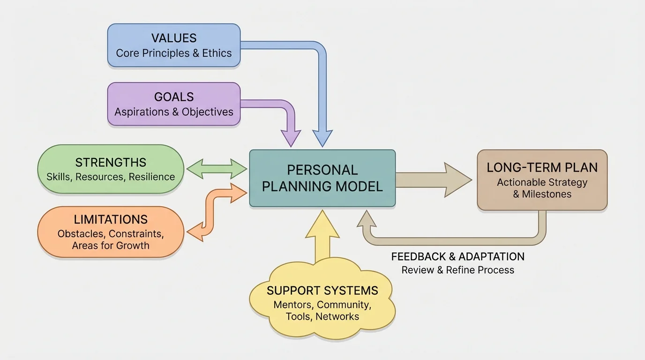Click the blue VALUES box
tap(174, 45)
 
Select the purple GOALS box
tap(174, 104)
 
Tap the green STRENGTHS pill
tap(111, 169)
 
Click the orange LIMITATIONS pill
tap(111, 232)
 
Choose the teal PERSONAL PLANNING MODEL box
tap(322, 178)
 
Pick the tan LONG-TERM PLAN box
tap(542, 180)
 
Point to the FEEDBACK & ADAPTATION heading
tap(457, 257)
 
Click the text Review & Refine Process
tap(457, 270)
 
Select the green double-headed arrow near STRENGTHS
tap(217, 169)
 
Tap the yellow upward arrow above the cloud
tap(322, 234)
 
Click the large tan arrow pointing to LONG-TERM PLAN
tap(434, 180)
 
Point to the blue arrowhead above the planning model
tap(322, 138)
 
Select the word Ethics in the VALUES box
tap(217, 53)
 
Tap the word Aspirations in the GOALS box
tap(142, 112)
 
